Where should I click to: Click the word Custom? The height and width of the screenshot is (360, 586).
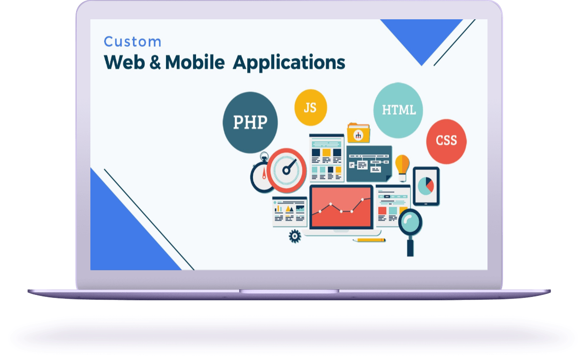(x=133, y=42)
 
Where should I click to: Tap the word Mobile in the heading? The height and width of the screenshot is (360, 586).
(x=194, y=62)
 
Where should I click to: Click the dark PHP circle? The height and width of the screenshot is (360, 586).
(x=250, y=122)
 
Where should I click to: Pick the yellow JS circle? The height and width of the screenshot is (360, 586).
(x=311, y=108)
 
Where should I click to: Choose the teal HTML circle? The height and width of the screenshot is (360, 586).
(x=398, y=110)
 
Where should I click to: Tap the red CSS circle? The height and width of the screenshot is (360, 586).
(x=446, y=141)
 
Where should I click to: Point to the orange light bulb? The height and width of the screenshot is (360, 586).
(x=402, y=168)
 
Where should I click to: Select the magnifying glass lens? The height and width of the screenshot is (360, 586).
(x=410, y=222)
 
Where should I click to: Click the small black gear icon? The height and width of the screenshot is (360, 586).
(x=295, y=236)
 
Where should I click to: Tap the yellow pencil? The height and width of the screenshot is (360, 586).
(x=369, y=240)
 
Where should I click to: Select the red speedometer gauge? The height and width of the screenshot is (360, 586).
(x=286, y=171)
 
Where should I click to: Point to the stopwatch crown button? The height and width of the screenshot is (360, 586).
(x=264, y=156)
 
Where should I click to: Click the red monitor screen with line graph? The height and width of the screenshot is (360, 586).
(x=341, y=207)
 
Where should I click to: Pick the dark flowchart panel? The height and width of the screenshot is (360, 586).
(x=369, y=163)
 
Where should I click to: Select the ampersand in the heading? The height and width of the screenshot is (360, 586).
(x=155, y=62)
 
